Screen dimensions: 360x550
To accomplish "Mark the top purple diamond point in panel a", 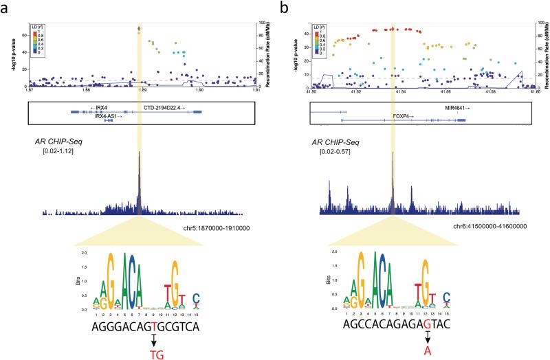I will pos(140,29).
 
